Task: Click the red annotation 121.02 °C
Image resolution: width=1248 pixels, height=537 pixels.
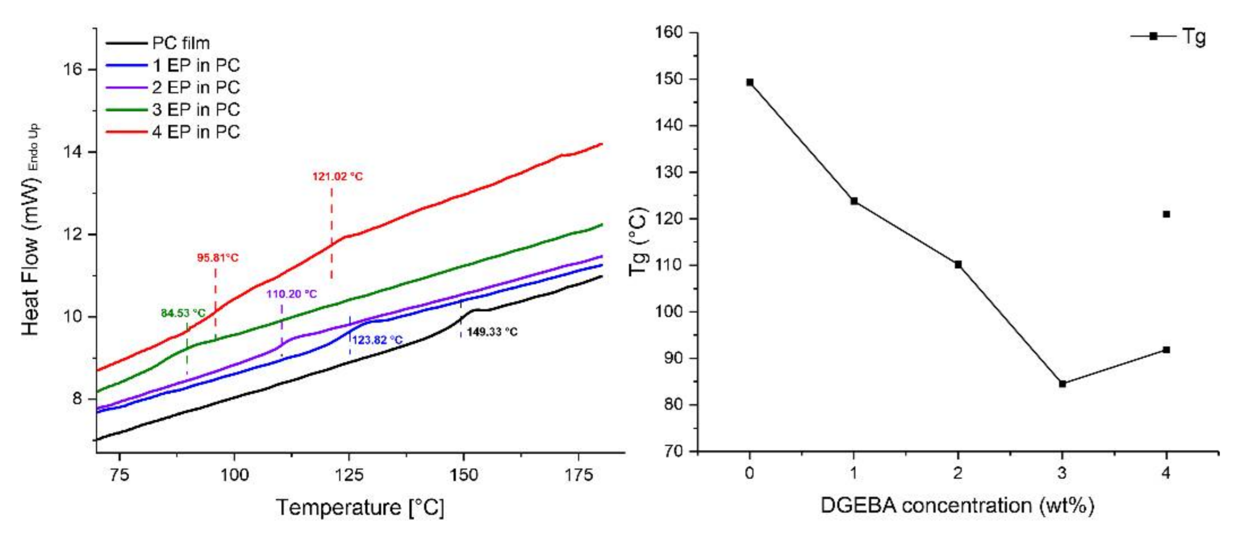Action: pos(337,177)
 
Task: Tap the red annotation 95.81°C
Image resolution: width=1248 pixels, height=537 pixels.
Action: pos(217,258)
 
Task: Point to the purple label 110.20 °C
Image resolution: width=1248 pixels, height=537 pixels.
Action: pos(291,294)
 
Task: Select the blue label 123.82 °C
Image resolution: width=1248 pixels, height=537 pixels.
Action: pos(377,340)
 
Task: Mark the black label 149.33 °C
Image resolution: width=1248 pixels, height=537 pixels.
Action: pos(492,332)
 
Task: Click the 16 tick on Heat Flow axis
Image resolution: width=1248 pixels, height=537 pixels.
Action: pos(71,69)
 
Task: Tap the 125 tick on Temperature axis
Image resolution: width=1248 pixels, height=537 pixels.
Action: pos(349,474)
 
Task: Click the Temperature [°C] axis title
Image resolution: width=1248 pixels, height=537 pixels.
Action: pos(360,507)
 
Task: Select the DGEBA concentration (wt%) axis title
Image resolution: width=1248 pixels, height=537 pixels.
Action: pos(957,505)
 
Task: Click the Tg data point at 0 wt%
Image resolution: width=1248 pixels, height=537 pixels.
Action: pos(750,82)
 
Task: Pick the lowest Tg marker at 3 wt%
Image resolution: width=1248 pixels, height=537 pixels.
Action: pos(1063,384)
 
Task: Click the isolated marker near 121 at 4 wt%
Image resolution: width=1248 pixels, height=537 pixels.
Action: pos(1166,214)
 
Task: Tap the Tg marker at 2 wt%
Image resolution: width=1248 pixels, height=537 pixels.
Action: pos(958,265)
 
